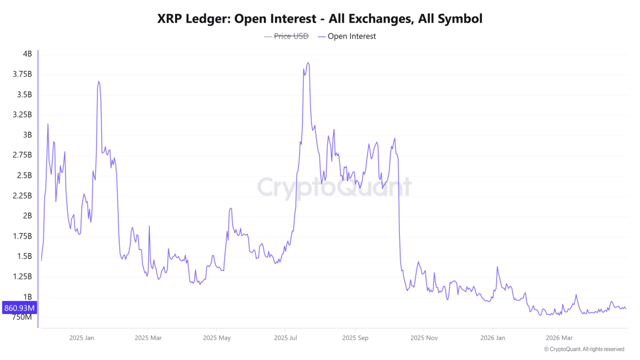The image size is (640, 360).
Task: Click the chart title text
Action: click(x=320, y=19)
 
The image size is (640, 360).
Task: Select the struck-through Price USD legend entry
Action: click(x=291, y=36)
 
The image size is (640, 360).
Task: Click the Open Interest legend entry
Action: click(x=351, y=36)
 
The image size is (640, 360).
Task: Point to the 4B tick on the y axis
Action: click(x=27, y=54)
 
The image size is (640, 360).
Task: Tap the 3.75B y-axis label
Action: click(x=22, y=74)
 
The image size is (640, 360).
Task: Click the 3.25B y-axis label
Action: click(x=22, y=114)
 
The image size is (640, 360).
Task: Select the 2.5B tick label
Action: click(x=24, y=175)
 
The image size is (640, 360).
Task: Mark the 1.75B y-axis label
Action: click(x=22, y=236)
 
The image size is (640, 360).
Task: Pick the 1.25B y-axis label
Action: click(x=22, y=276)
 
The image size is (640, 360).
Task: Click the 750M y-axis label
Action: click(x=22, y=317)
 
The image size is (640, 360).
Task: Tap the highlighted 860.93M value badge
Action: click(x=18, y=307)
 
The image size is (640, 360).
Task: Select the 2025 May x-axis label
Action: click(x=216, y=337)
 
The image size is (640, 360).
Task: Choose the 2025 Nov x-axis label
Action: click(x=423, y=337)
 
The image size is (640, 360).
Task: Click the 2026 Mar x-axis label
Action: click(x=559, y=337)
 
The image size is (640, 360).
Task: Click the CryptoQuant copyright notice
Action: click(x=583, y=349)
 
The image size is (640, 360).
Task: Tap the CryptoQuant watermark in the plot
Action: click(x=334, y=187)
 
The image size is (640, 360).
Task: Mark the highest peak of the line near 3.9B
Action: click(x=308, y=63)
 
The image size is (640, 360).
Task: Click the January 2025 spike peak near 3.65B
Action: click(x=98, y=81)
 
